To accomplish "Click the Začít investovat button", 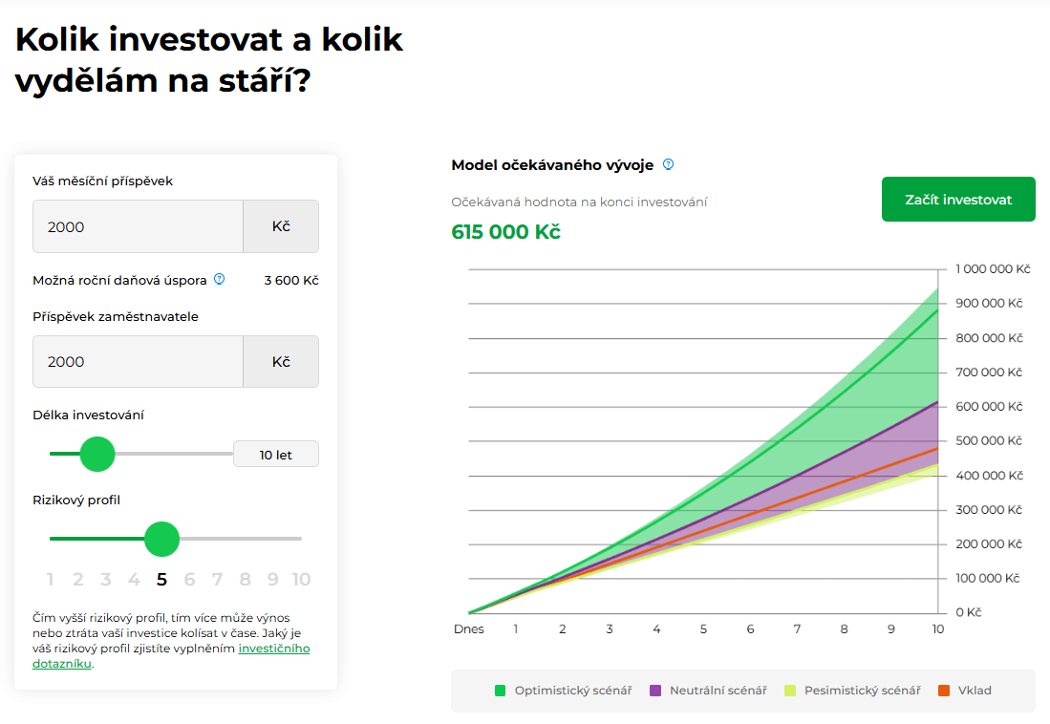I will (x=958, y=200).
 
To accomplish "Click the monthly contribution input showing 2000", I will (x=138, y=226).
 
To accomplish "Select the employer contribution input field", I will (x=138, y=361).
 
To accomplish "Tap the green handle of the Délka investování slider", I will (x=96, y=454).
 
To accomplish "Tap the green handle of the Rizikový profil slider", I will (x=161, y=539).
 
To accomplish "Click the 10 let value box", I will (x=275, y=455).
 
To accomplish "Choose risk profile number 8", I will (x=246, y=579).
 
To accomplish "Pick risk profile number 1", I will (x=50, y=579).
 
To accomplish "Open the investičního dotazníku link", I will (x=273, y=649).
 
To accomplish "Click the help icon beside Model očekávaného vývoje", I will (x=669, y=164).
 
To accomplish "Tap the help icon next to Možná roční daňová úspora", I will (x=219, y=279).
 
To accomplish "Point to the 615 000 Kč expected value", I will (x=505, y=232).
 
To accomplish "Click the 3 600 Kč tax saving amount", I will (x=291, y=280).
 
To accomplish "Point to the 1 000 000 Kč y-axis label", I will (x=993, y=269).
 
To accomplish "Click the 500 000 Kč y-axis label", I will (x=989, y=441).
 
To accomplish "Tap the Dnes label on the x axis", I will (x=468, y=629).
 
